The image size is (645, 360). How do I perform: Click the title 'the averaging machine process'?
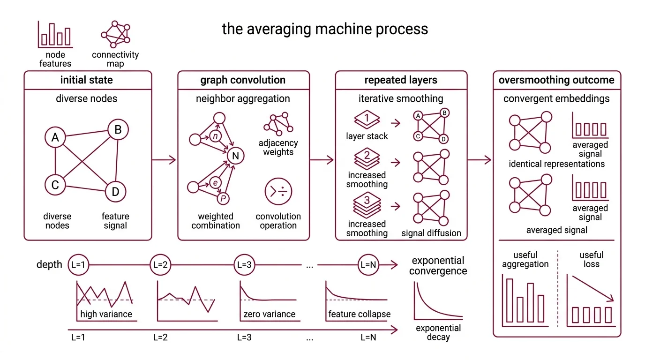pos(324,29)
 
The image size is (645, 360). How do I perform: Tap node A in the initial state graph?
pos(55,138)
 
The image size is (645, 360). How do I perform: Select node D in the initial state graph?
pos(116,191)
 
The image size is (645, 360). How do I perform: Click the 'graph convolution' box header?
pos(243,80)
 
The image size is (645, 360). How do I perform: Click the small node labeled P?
pos(224,199)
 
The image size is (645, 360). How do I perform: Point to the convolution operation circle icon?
pos(278,192)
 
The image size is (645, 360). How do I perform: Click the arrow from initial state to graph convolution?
pos(164,160)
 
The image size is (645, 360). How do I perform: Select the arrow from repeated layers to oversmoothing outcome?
pos(480,160)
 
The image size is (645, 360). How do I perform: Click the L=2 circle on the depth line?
pos(160,265)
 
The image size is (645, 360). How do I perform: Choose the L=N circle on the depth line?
pos(368,265)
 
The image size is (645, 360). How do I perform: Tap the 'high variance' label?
pos(106,314)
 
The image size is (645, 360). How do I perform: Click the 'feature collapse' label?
pos(359,314)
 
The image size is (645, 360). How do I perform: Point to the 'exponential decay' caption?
pos(438,332)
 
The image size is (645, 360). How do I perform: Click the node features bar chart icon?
pos(55,34)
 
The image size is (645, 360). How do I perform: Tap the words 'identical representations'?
pos(556,164)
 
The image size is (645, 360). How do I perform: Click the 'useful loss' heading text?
pos(591,260)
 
